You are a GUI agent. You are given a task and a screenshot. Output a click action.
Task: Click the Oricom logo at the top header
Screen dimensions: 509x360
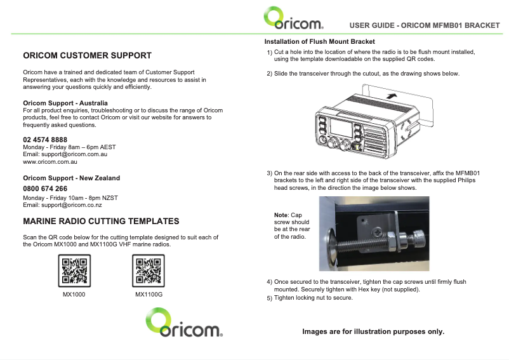293,18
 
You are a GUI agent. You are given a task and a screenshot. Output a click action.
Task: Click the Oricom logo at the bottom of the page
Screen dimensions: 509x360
184,323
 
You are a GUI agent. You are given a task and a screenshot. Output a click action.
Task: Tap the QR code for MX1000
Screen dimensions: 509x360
74,270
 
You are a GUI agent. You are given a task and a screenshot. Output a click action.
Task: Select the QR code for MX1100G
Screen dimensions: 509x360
149,270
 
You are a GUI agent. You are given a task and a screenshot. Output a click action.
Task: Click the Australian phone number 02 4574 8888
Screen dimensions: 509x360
45,140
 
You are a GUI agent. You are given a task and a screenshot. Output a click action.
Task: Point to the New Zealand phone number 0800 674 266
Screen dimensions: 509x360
45,189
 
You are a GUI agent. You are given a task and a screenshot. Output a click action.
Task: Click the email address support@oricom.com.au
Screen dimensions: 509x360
74,154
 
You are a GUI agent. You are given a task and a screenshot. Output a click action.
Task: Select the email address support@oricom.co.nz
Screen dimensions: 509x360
72,205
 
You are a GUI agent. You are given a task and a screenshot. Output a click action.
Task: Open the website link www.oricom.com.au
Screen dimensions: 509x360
50,162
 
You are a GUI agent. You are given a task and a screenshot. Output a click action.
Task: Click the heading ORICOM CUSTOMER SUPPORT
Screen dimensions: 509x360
88,55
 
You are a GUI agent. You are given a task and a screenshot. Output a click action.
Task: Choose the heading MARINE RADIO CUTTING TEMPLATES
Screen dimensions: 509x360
101,221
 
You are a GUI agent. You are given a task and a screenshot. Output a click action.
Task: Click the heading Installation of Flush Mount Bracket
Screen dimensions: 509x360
319,41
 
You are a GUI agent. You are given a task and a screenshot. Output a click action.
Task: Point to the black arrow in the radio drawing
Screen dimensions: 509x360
392,96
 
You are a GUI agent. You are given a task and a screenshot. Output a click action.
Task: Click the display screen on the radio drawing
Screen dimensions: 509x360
341,127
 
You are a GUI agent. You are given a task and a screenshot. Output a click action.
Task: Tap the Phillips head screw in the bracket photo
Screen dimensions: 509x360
377,232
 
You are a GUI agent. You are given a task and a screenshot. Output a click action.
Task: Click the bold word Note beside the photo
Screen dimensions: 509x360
281,215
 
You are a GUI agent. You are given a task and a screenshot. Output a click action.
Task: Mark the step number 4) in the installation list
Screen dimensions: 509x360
270,282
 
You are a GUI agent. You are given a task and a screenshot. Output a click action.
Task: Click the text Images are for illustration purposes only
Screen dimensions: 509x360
373,331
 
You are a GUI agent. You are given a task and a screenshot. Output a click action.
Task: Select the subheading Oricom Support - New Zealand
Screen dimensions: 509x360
72,178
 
